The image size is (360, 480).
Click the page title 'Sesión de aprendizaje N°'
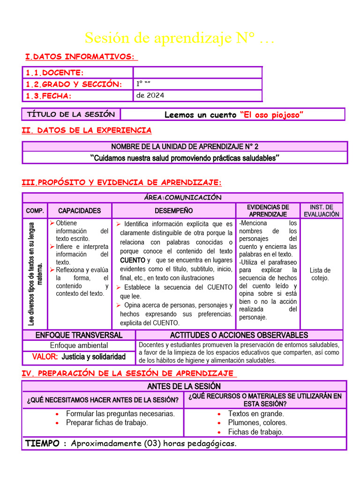click(x=180, y=38)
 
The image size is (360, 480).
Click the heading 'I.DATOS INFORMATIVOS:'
click(x=81, y=57)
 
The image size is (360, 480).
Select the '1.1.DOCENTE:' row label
click(x=54, y=73)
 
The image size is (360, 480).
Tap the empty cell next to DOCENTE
click(x=197, y=73)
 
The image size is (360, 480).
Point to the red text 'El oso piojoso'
click(x=271, y=115)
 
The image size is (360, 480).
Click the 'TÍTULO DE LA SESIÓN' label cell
click(x=71, y=114)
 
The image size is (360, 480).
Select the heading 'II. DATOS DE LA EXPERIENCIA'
click(x=87, y=130)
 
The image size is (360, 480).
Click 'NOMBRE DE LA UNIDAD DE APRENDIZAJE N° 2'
click(x=185, y=147)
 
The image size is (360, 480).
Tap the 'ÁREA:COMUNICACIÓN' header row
click(x=183, y=198)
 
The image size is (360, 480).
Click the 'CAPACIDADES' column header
click(x=79, y=211)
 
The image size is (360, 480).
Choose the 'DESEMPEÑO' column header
click(x=173, y=211)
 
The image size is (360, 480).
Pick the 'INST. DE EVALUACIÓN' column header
click(x=321, y=210)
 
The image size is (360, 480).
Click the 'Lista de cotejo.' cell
click(x=320, y=274)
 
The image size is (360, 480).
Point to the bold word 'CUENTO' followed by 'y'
click(x=132, y=260)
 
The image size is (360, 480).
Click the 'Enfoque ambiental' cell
click(x=79, y=345)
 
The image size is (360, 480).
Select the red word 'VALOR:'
click(x=45, y=357)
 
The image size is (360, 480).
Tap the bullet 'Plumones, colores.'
click(x=257, y=422)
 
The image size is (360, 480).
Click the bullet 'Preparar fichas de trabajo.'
click(x=107, y=422)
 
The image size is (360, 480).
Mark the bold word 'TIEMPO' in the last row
click(x=42, y=443)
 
